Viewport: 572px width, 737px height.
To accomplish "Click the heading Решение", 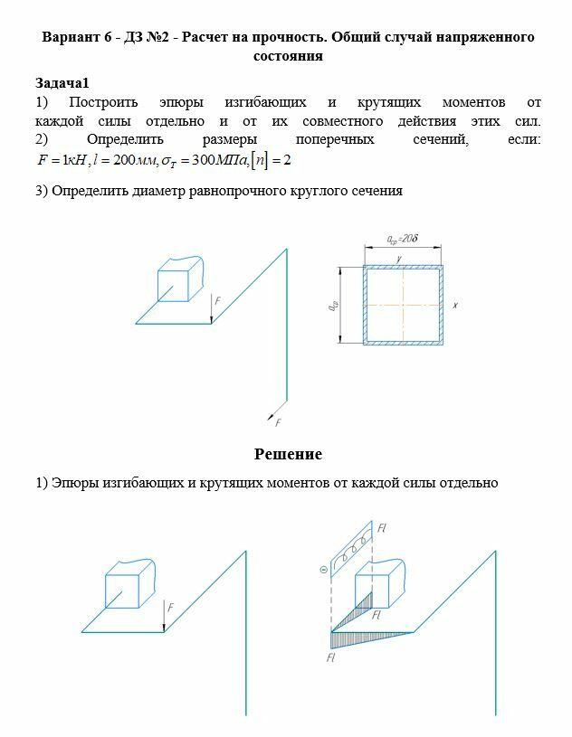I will point(288,454).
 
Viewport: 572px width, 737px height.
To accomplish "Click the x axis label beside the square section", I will point(454,306).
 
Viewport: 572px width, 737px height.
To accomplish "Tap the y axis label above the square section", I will point(399,260).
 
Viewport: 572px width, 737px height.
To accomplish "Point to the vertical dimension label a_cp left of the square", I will point(333,306).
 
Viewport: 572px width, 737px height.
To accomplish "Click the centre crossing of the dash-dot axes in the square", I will point(403,306).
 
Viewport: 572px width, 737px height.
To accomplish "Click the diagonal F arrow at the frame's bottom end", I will point(272,416).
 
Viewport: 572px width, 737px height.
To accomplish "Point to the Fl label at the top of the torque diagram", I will point(383,527).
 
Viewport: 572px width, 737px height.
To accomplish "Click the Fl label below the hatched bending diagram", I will point(332,658).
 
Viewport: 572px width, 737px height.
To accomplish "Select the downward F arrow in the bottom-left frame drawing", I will point(164,617).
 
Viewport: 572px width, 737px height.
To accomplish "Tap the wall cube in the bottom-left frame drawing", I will point(129,586).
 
